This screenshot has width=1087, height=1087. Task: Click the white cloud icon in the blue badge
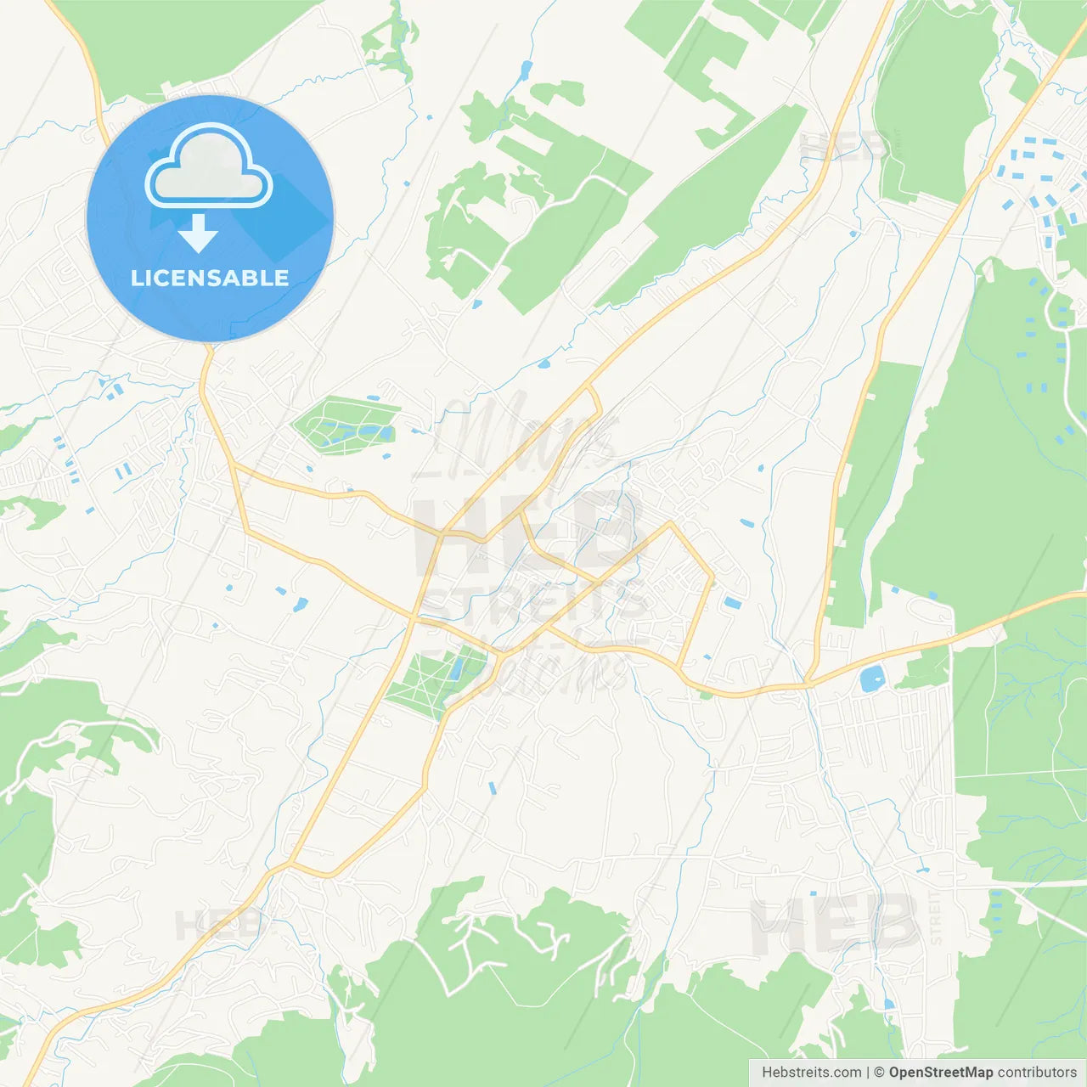click(209, 166)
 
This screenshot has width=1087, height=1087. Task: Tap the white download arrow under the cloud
click(198, 233)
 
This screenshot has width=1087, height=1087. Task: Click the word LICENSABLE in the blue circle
click(210, 278)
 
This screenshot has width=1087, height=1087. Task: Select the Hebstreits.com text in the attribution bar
click(811, 1073)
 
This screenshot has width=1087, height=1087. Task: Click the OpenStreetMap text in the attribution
click(940, 1073)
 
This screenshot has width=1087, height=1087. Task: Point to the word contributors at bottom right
click(1037, 1073)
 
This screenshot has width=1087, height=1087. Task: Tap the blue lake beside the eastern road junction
click(871, 679)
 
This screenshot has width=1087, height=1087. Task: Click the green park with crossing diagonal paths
click(434, 680)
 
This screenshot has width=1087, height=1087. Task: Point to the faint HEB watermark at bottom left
click(217, 925)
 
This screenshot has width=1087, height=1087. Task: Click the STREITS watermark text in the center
click(535, 605)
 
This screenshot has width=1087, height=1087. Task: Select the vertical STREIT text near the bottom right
click(936, 918)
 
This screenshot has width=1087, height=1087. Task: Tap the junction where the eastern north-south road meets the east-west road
click(811, 682)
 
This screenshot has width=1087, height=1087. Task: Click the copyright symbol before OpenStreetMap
click(879, 1073)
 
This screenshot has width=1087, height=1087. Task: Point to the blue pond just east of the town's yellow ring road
click(732, 603)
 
